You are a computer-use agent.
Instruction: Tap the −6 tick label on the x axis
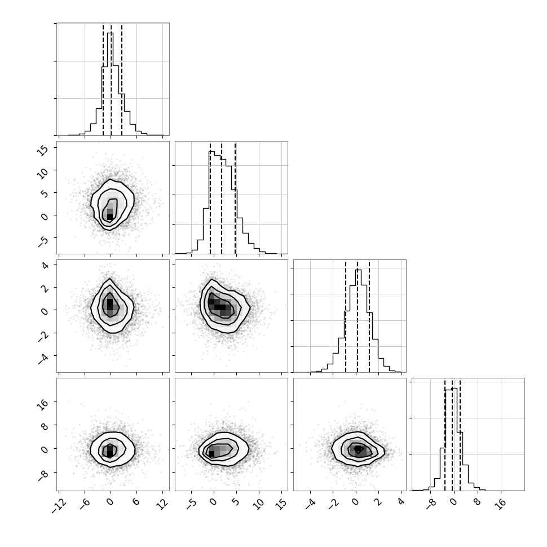(x=85, y=504)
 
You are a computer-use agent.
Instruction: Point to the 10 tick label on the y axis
(x=42, y=171)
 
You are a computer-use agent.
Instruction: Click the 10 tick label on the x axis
(x=258, y=504)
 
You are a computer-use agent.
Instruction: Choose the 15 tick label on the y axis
(x=42, y=149)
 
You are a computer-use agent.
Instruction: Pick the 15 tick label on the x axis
(x=281, y=504)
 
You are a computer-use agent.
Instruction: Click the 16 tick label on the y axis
(x=42, y=404)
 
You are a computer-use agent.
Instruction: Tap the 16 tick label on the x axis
(x=501, y=504)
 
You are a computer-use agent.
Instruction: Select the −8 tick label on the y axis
(x=42, y=475)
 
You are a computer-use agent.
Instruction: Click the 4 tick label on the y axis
(x=45, y=266)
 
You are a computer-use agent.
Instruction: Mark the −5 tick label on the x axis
(x=191, y=504)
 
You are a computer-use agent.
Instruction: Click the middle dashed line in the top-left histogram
(x=111, y=80)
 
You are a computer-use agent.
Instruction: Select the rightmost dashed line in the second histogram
(x=236, y=198)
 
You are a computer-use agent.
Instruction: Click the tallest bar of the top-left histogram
(x=110, y=83)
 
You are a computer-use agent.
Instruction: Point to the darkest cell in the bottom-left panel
(x=110, y=453)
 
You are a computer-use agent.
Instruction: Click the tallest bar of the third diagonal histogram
(x=359, y=321)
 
